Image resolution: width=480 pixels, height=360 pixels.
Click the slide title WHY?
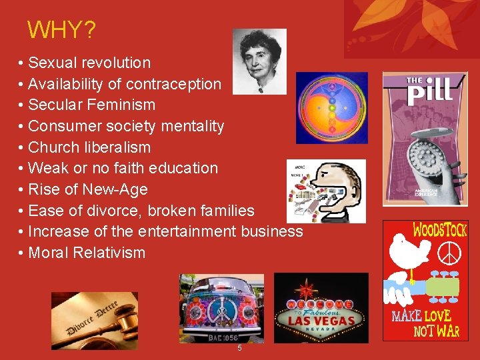(61, 30)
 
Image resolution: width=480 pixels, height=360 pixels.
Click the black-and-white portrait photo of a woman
(259, 61)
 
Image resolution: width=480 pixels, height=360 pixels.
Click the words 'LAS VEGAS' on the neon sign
(321, 319)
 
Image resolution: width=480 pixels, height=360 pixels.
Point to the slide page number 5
(239, 349)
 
